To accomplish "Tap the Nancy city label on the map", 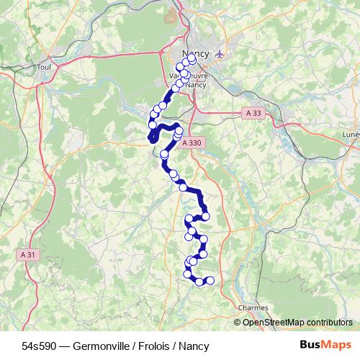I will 196,55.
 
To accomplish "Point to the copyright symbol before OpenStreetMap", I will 238,322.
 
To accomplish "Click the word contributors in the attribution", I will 331,322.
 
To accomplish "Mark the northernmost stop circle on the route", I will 192,60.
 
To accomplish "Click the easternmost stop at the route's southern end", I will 210,280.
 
